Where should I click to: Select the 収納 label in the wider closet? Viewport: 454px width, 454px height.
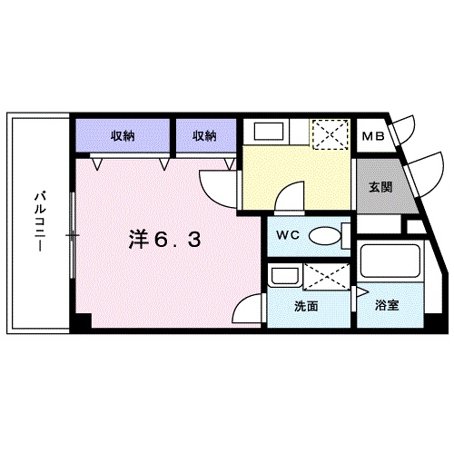tap(124, 136)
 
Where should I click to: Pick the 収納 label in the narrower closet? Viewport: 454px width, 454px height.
tap(204, 136)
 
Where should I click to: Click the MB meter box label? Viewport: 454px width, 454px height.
tap(372, 138)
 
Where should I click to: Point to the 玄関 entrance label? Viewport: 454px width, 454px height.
tap(380, 188)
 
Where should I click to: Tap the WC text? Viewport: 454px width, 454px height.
tap(288, 235)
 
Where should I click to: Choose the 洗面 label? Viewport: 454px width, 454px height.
tap(305, 306)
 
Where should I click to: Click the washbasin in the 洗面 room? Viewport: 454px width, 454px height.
tap(283, 276)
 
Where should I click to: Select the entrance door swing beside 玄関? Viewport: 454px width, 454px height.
tap(420, 173)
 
